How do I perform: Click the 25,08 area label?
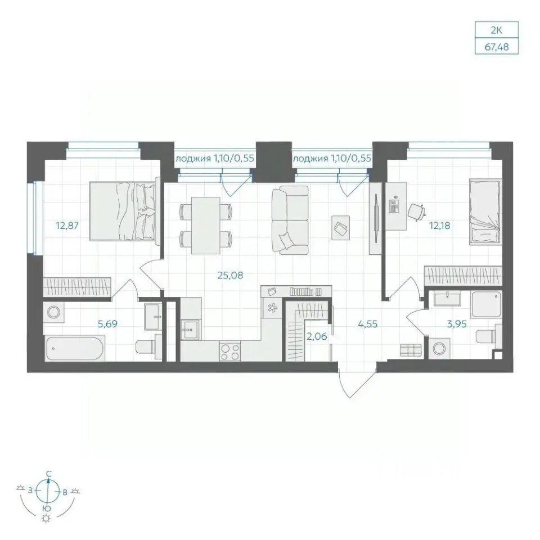[230, 276]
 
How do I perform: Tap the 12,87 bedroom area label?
[67, 226]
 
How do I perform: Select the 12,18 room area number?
[439, 226]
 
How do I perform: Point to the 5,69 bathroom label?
[107, 324]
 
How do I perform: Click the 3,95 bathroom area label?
[457, 324]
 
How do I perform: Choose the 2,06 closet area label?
[317, 336]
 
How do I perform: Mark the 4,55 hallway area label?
[367, 324]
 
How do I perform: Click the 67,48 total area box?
[497, 47]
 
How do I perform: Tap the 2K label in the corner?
[497, 30]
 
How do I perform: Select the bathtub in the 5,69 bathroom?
[74, 349]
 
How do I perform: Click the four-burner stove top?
[230, 352]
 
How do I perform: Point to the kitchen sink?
[191, 330]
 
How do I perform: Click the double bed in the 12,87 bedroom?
[125, 211]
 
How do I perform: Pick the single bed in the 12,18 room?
[485, 212]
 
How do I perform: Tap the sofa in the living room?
[290, 220]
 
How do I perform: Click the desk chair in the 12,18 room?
[416, 211]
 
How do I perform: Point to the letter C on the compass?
[49, 474]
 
